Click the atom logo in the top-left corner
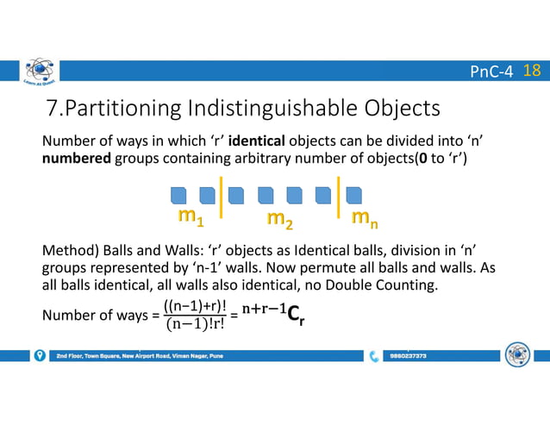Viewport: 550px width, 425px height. coord(38,75)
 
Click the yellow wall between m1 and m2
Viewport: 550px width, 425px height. coord(223,195)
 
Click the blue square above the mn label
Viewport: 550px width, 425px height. coord(353,194)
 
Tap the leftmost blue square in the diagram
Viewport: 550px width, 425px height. coord(178,194)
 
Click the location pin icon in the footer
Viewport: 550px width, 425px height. coord(40,355)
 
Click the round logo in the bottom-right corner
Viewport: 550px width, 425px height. coord(517,355)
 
